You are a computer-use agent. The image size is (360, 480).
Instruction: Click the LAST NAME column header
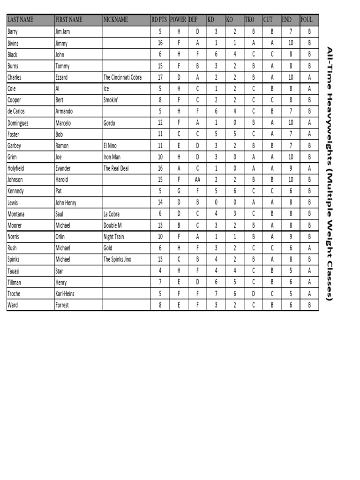[x=21, y=20]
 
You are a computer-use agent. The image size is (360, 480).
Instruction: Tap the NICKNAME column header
[x=115, y=20]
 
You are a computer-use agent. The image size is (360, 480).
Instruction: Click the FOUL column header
[x=307, y=20]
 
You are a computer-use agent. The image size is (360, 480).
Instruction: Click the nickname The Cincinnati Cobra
[x=122, y=77]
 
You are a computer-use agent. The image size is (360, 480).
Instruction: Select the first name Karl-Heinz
[x=65, y=294]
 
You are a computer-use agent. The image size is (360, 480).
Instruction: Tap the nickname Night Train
[x=114, y=237]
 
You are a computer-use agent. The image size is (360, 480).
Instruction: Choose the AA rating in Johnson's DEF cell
[x=197, y=180]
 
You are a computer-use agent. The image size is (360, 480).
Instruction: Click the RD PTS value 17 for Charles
[x=160, y=77]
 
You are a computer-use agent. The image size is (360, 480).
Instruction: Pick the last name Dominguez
[x=18, y=123]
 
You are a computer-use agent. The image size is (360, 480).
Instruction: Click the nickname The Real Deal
[x=116, y=168]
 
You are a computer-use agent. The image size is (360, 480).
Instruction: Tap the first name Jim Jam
[x=62, y=32]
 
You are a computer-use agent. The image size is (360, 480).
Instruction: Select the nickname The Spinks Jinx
[x=117, y=259]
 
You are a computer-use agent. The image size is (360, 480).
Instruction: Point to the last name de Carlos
[x=16, y=112]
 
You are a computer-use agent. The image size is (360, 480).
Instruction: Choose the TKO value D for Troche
[x=253, y=294]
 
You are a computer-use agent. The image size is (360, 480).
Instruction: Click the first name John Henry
[x=66, y=202]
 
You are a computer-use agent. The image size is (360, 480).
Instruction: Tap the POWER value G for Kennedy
[x=179, y=191]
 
